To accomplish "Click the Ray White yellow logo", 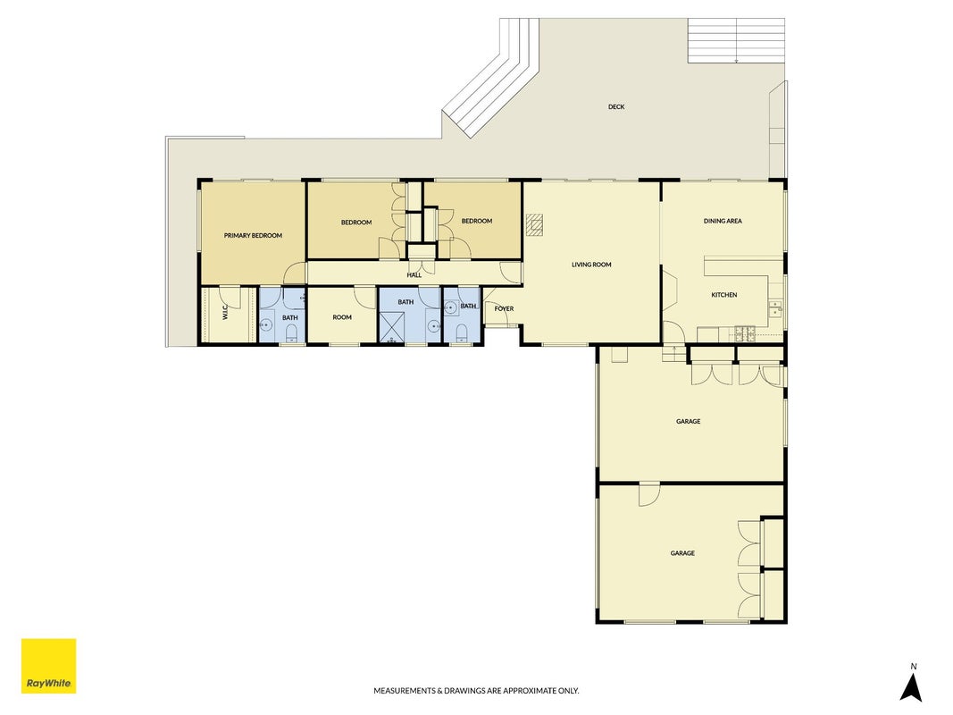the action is [x=48, y=665].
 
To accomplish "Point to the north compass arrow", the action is [x=910, y=687].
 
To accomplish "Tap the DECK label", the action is [x=616, y=107].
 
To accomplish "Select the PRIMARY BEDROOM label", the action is [x=253, y=236].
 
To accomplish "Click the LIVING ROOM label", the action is [x=591, y=265].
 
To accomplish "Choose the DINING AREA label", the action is [x=723, y=222].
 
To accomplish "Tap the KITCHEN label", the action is [x=724, y=295].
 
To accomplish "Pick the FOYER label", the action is [x=504, y=309].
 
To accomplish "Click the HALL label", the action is [x=414, y=275].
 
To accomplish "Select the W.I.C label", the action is [x=225, y=313].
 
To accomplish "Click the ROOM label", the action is [x=342, y=317].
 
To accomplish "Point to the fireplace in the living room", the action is [x=535, y=223].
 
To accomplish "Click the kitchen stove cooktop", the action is [x=745, y=332].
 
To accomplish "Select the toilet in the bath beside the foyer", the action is [x=461, y=332].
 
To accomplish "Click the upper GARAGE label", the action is [x=688, y=421].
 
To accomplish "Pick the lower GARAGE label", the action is [x=682, y=553].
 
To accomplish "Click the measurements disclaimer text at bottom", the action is [x=476, y=691].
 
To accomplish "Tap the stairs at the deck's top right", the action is [x=736, y=40].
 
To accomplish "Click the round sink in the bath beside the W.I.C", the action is [x=265, y=324].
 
